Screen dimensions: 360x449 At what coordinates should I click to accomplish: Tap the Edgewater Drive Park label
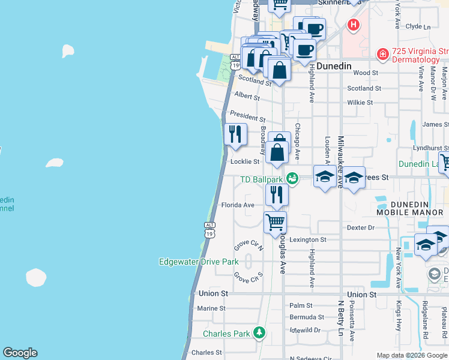(199, 262)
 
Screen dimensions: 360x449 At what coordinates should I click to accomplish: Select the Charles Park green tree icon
(259, 332)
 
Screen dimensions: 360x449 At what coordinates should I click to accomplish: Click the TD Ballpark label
(261, 179)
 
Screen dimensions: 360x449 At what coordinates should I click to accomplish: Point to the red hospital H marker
(354, 25)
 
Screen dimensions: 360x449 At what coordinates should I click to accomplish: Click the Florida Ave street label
(238, 205)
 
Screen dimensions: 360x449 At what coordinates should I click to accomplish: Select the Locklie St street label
(245, 161)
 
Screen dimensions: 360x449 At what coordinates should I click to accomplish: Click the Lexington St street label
(308, 239)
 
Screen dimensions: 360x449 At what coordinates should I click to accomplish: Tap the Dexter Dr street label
(360, 228)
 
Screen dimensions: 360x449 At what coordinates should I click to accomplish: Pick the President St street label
(247, 118)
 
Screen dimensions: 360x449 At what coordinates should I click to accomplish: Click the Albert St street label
(247, 96)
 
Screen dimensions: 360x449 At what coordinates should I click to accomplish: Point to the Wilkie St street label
(360, 103)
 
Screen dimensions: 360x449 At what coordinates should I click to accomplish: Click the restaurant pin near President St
(235, 134)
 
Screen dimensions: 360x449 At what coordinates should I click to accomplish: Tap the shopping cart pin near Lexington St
(276, 222)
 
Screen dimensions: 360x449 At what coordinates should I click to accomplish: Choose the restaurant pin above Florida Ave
(277, 194)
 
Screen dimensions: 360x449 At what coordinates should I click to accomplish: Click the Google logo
(20, 353)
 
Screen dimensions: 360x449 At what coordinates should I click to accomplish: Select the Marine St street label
(211, 308)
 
